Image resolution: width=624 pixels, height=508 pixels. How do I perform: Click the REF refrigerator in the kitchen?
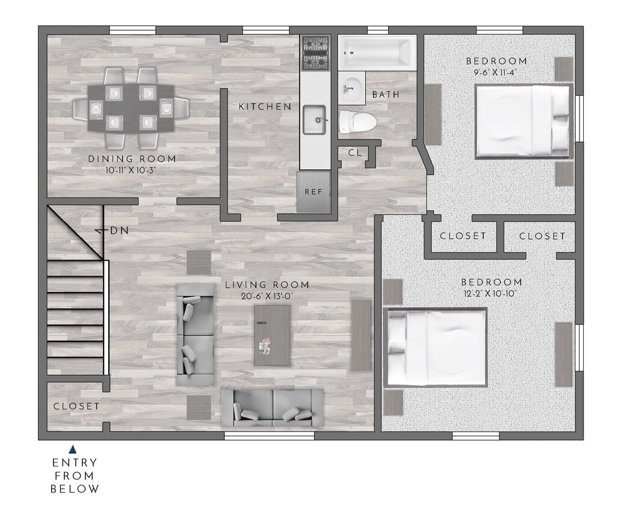314,192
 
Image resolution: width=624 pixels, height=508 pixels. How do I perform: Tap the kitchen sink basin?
314,120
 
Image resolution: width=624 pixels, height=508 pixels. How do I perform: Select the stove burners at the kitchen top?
315,52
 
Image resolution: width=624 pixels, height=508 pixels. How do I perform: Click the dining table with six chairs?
131,108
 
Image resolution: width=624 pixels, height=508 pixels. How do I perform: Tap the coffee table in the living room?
272,335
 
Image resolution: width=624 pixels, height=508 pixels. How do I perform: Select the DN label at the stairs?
119,231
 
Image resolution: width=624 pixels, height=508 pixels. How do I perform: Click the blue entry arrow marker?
73,449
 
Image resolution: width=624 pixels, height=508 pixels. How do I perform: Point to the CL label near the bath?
355,153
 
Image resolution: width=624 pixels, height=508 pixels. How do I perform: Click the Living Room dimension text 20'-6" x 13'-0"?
267,296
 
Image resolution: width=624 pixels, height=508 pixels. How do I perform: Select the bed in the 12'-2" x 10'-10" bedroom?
436,347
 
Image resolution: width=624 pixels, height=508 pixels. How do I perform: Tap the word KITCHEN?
265,107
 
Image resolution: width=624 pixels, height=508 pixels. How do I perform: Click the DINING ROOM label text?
132,159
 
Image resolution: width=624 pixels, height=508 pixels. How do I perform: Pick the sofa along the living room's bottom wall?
273,407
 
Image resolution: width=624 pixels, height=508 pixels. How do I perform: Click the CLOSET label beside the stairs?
76,406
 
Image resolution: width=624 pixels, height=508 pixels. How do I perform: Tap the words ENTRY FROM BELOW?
75,475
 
